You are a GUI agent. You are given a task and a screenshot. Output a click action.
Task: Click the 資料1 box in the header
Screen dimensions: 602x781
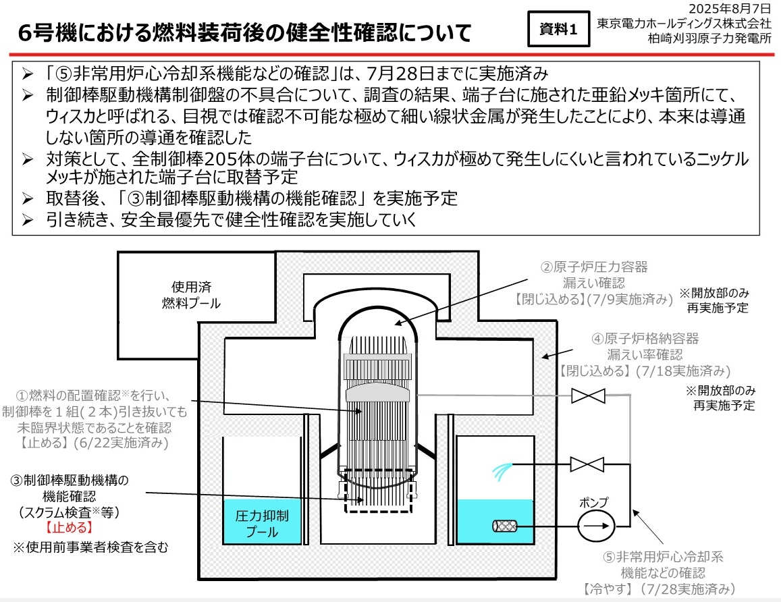coord(559,30)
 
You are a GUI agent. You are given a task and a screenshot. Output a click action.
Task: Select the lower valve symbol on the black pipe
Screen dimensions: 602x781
coord(587,464)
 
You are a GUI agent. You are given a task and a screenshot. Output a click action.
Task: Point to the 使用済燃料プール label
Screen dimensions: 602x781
coord(191,296)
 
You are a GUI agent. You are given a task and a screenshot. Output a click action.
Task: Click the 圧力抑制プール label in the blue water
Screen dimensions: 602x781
coord(262,525)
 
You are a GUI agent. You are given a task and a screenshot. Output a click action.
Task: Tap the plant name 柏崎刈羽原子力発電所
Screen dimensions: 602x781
coord(709,38)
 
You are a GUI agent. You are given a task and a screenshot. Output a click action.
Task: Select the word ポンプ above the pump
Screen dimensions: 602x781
coord(594,502)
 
